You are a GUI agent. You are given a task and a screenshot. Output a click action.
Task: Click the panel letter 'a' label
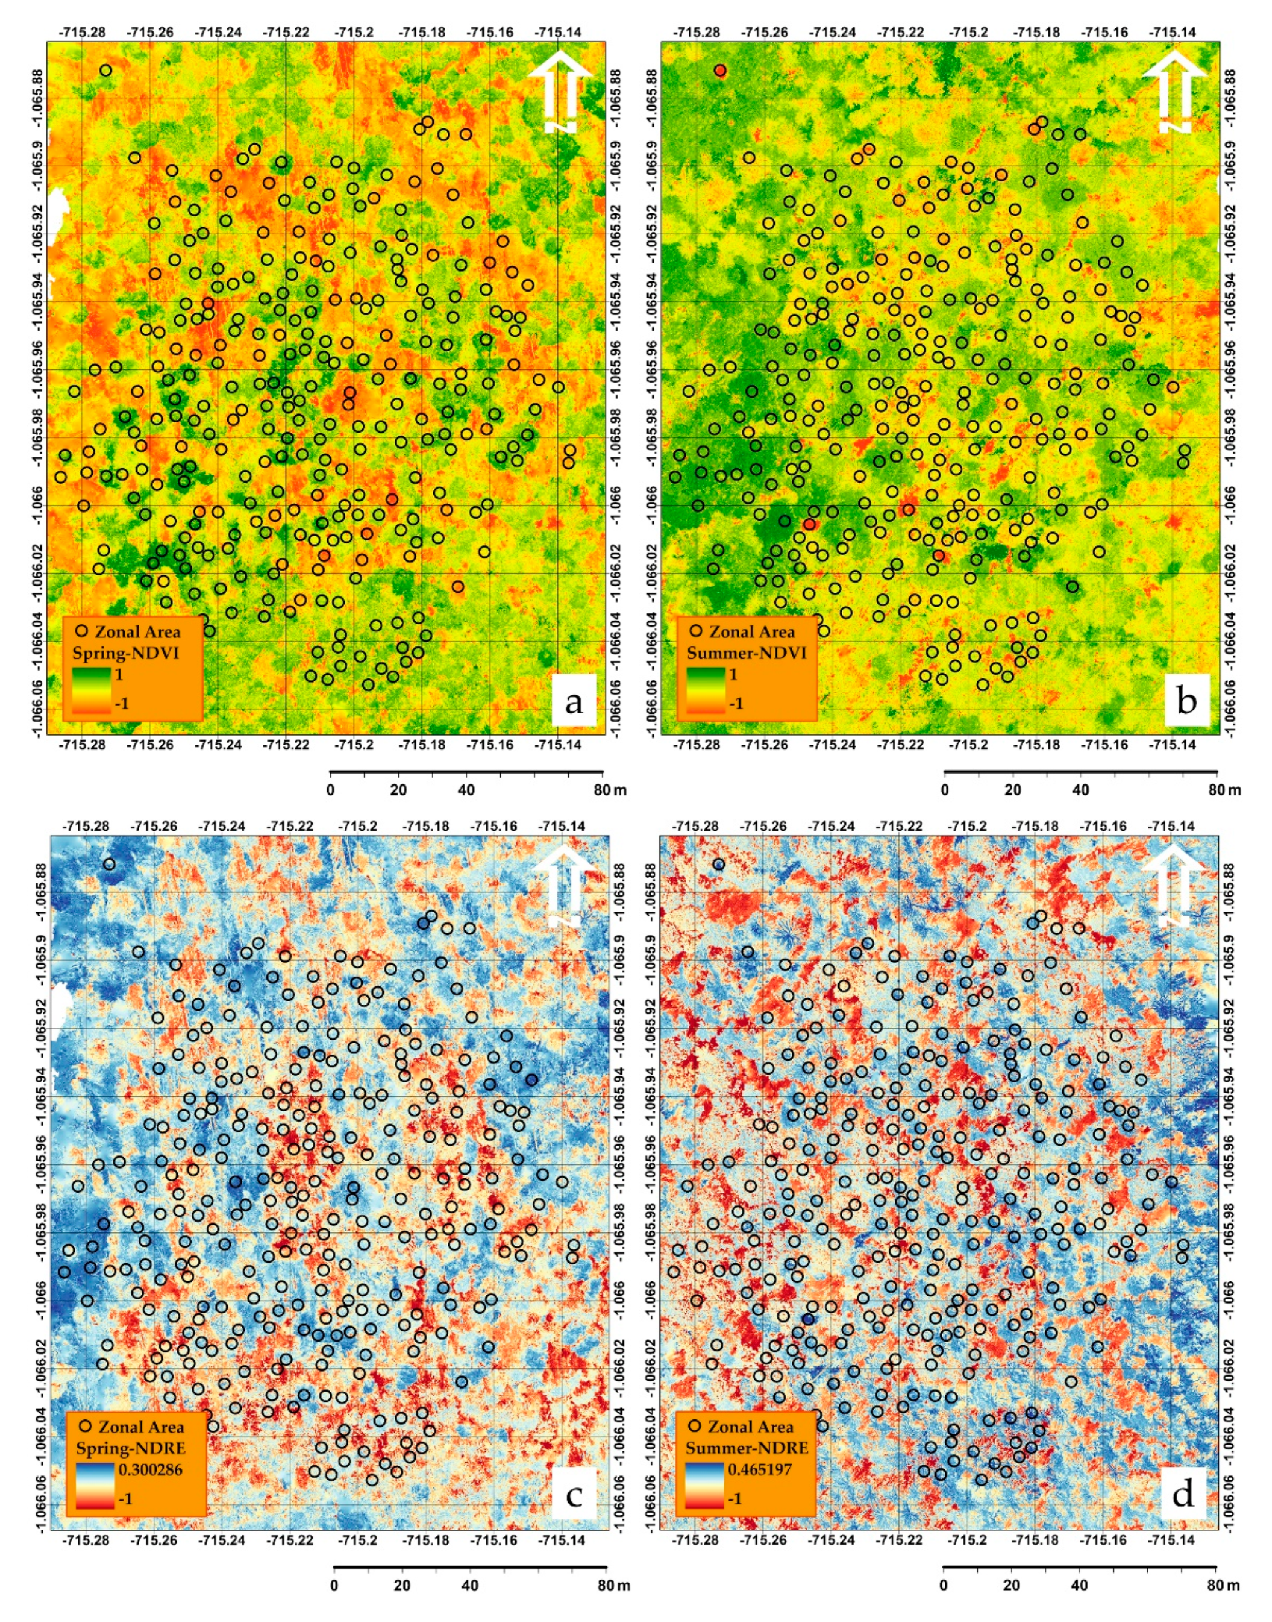[x=574, y=702]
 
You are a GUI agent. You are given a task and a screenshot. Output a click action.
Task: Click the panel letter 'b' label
[x=1186, y=701]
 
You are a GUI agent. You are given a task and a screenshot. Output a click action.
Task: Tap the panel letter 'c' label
[x=574, y=1496]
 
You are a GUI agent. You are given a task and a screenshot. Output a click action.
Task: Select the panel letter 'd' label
[x=1183, y=1494]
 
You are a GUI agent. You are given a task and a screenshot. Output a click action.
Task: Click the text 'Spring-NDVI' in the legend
[x=126, y=653]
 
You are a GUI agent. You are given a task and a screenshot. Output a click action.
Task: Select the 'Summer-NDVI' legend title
[x=746, y=653]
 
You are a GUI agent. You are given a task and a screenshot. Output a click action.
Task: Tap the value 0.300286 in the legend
[x=151, y=1470]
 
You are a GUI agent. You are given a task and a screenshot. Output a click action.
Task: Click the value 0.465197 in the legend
[x=759, y=1470]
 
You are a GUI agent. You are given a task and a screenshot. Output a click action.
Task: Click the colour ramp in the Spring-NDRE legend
[x=95, y=1485]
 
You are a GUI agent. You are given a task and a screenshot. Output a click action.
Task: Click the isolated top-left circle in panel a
[x=105, y=70]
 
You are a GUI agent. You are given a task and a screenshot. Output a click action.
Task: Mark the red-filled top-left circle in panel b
[x=719, y=70]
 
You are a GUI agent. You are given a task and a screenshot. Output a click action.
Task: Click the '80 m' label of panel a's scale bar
[x=609, y=790]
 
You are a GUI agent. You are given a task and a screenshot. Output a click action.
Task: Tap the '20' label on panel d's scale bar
[x=1011, y=1585]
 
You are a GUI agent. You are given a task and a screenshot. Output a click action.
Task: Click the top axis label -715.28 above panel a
[x=82, y=32]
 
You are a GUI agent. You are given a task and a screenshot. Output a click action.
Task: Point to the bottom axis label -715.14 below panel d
[x=1171, y=1540]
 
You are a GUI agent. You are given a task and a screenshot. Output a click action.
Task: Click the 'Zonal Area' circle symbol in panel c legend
[x=85, y=1426]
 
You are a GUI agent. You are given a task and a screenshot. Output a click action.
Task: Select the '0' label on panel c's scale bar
[x=334, y=1585]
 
